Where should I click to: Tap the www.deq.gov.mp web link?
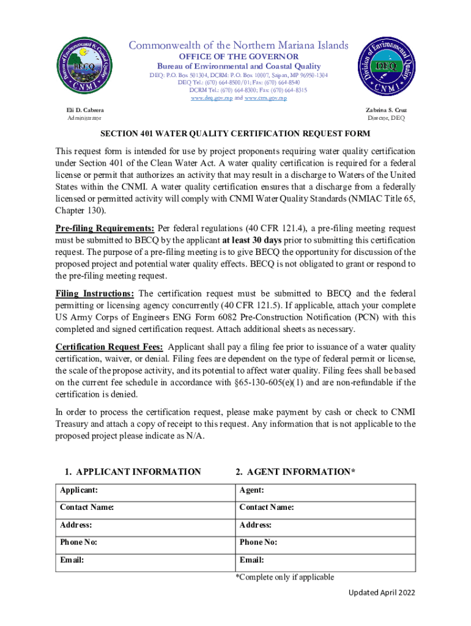212,98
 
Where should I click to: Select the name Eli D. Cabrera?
84,109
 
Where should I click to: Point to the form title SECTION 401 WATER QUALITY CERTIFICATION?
236,133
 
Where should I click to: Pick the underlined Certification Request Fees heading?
109,347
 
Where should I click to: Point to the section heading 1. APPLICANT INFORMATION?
133,471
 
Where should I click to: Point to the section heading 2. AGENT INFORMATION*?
295,471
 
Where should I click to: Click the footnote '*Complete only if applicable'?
285,577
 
